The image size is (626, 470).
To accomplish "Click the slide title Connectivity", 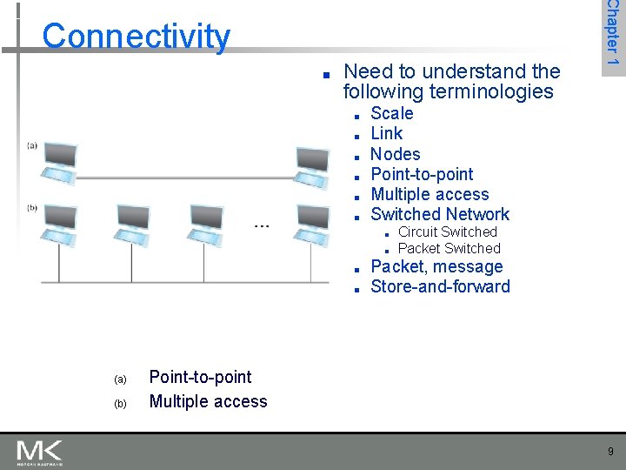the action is coord(137,37).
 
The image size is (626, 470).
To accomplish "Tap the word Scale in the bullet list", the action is coord(392,113).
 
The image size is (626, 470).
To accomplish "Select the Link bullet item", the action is coord(387,133).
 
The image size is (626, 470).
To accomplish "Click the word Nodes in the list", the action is coord(396,154).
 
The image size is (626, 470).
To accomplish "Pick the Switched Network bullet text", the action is coord(440,214).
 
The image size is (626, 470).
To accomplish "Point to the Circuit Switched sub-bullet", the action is coord(447,232).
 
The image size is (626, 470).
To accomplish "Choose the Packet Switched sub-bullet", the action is coord(449,248).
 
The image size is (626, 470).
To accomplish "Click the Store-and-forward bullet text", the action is coord(440,287).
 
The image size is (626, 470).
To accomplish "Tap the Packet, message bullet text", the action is coord(436,267).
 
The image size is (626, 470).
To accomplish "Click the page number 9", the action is coord(610,451).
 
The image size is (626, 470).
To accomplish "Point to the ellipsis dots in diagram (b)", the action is coord(261,225).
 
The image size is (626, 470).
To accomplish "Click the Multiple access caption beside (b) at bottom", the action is coord(208,401).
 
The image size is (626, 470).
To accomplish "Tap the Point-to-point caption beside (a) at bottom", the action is coord(200,377).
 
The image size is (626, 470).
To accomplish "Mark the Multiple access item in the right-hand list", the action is coord(430,194).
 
